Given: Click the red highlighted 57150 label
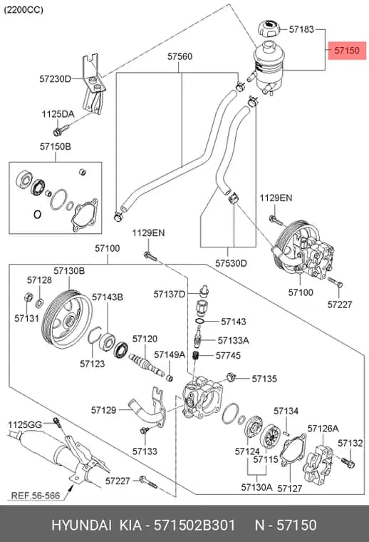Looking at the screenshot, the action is pos(347,51).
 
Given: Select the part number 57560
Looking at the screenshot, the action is pos(180,56).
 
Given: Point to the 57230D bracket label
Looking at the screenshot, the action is pos(55,79).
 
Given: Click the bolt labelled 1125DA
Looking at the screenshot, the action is pos(61,131).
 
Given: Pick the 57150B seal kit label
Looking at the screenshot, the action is pos(56,147).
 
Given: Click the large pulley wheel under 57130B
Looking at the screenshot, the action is pos(67,319).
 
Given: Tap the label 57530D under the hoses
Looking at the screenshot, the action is pos(231,263).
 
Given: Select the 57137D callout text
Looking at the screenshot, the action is pos(169,294).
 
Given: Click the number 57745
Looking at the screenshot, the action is pos(228,355).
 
